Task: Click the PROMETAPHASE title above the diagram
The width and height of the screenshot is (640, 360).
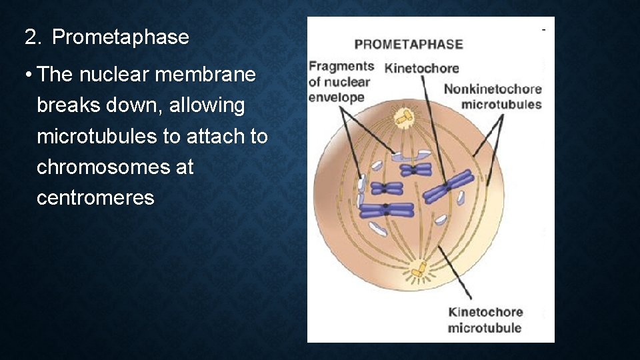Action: click(x=408, y=45)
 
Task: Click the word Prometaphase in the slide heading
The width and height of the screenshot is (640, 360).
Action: click(x=121, y=37)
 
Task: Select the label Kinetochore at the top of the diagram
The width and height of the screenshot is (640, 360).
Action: click(x=421, y=68)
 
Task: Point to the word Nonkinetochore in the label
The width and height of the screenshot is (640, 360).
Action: click(x=492, y=89)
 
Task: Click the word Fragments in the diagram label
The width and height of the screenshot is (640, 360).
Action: click(x=341, y=66)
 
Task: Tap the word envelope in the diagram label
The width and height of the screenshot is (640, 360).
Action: click(x=336, y=97)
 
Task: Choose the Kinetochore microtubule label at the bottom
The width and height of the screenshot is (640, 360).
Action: click(x=485, y=319)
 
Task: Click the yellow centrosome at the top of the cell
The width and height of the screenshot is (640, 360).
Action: click(x=403, y=117)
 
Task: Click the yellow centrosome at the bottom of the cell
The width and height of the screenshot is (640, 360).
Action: click(x=419, y=269)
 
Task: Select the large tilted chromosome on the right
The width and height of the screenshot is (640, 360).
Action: click(x=447, y=187)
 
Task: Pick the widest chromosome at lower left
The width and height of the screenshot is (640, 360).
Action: click(x=387, y=210)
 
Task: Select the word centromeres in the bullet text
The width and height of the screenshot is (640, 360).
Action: click(x=95, y=197)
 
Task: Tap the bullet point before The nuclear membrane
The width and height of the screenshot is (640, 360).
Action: click(x=26, y=75)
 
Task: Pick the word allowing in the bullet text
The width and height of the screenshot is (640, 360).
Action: click(x=208, y=105)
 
